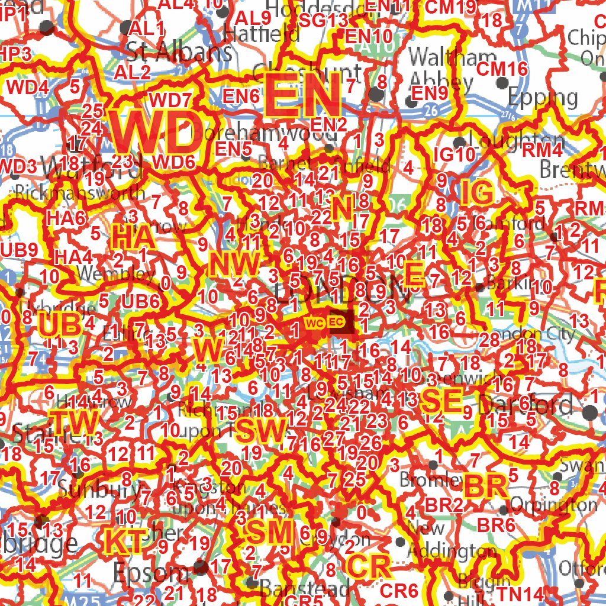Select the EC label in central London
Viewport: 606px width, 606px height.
(x=336, y=322)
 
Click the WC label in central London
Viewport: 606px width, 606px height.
(x=314, y=323)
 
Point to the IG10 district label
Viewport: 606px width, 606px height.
(x=454, y=155)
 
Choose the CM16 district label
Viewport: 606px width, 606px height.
(x=502, y=69)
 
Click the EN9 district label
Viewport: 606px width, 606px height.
(x=430, y=93)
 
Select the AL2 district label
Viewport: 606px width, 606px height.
(x=133, y=73)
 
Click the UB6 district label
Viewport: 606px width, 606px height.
(x=141, y=301)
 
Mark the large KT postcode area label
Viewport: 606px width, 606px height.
(x=125, y=541)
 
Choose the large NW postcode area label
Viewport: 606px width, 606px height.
(x=234, y=264)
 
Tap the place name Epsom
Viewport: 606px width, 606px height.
(x=150, y=573)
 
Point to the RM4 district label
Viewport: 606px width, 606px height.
(x=541, y=150)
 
